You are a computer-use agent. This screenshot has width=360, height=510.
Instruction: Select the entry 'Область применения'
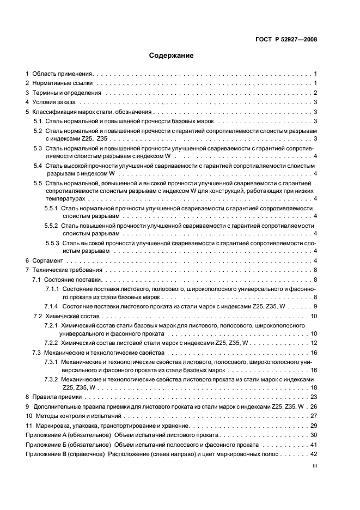click(x=63, y=73)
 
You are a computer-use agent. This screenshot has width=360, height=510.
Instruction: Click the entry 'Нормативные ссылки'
click(x=63, y=83)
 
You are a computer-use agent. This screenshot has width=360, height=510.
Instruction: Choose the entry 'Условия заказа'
click(x=55, y=102)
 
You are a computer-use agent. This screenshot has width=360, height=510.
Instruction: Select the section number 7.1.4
click(x=52, y=307)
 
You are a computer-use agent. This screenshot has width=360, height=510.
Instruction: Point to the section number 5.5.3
click(x=52, y=242)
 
